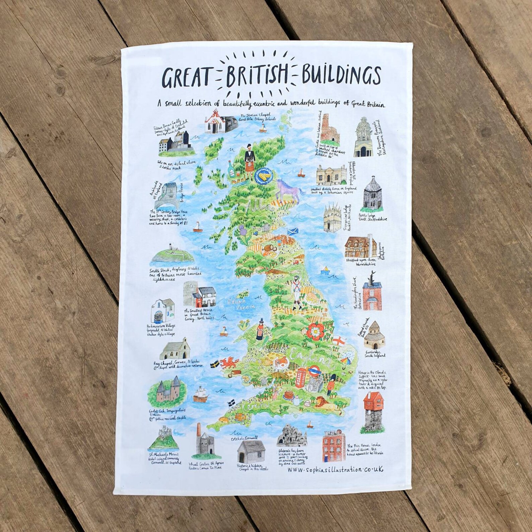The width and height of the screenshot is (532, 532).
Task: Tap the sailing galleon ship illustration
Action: point(201,394)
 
